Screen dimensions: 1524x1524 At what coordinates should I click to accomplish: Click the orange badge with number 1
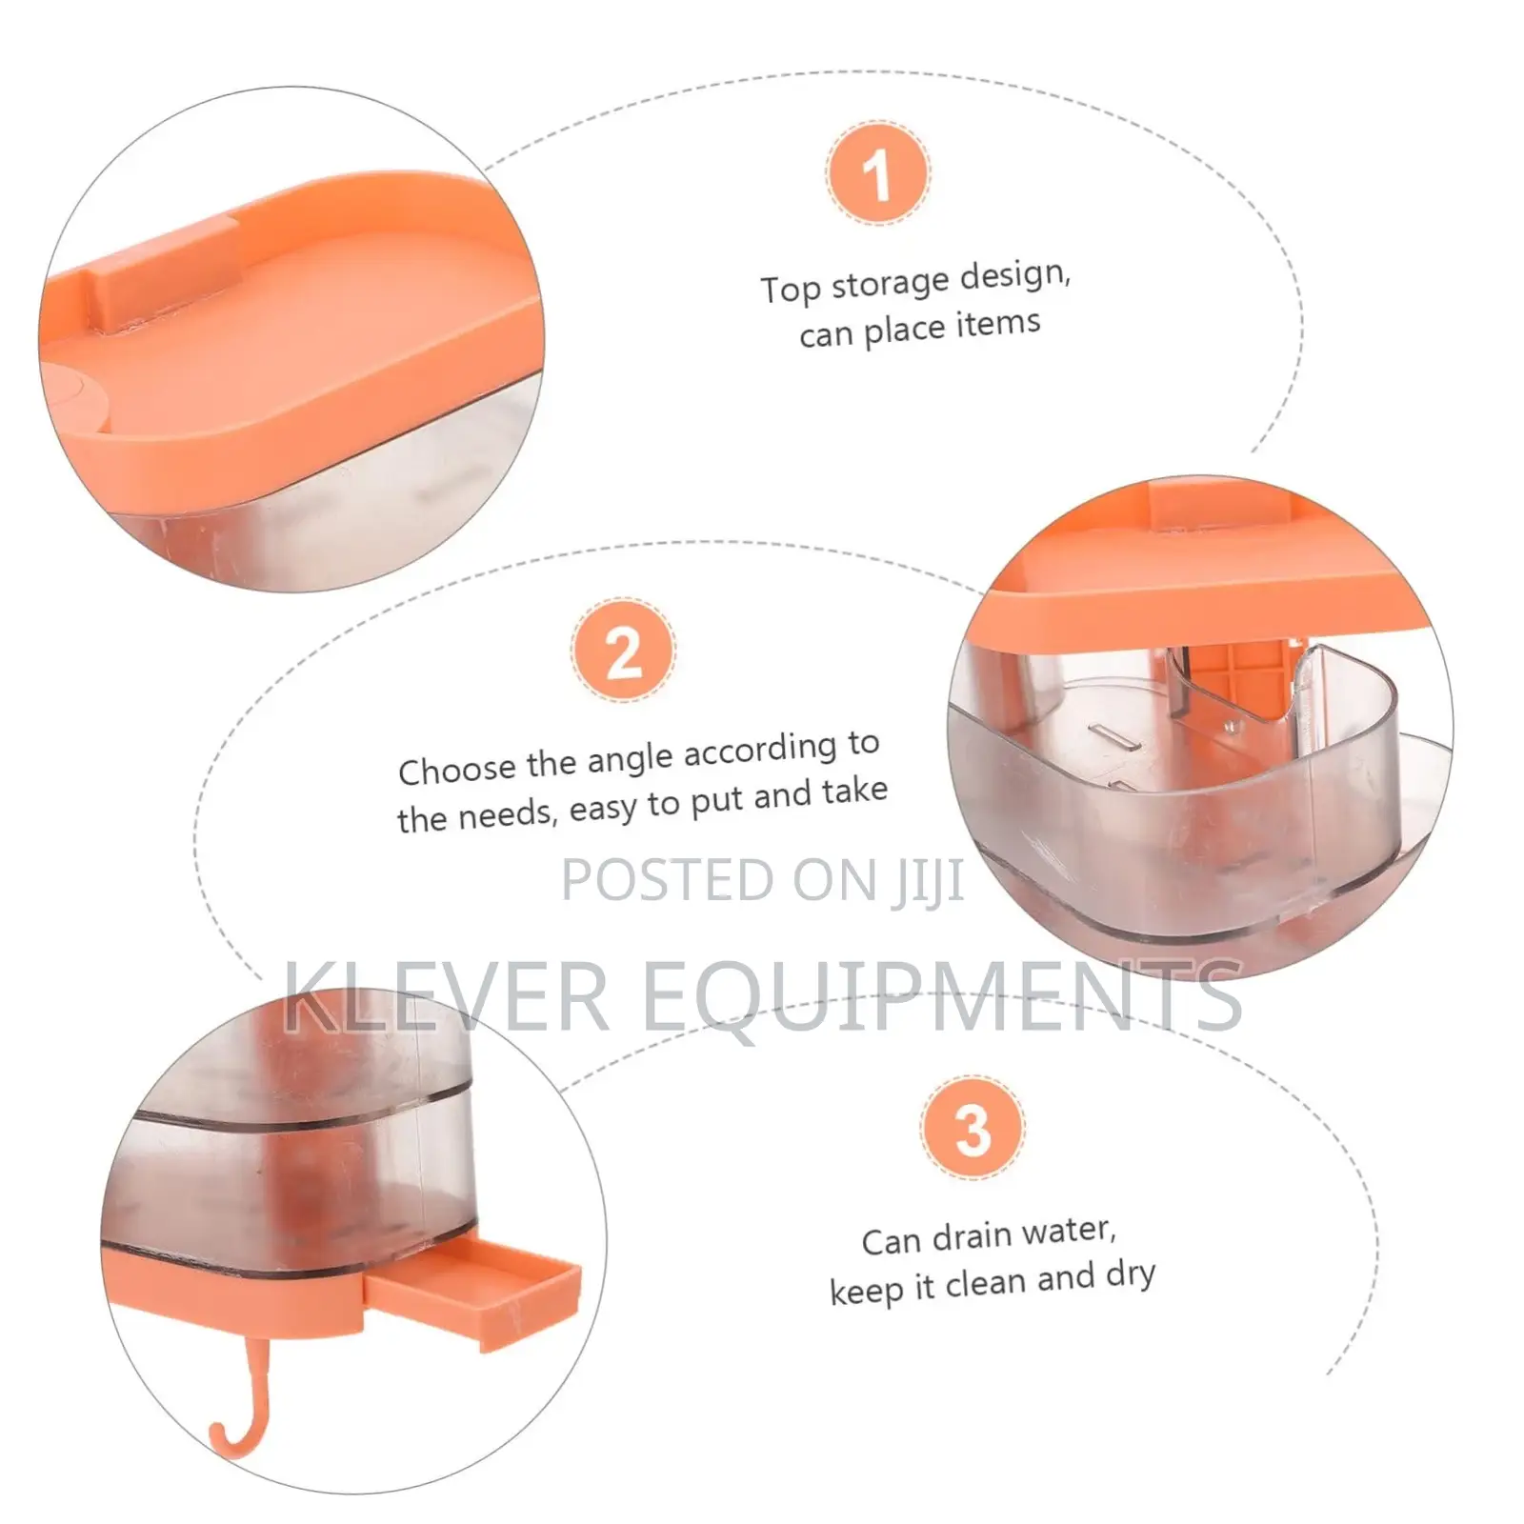877,173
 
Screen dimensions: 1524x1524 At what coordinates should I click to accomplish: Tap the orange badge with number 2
624,651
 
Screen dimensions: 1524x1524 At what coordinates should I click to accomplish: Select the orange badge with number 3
973,1128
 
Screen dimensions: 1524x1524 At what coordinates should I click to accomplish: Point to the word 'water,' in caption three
1068,1231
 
